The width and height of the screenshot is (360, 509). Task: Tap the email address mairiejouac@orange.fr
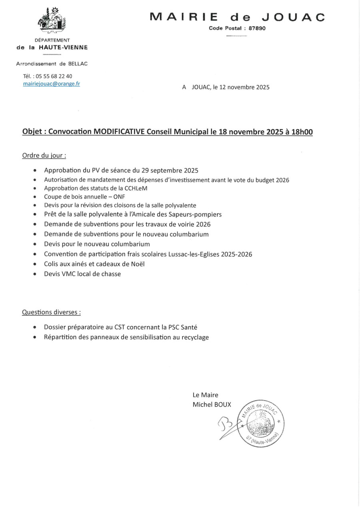click(52, 84)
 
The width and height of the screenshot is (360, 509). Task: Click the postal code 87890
click(257, 28)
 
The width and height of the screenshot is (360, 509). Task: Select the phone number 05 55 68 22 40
click(54, 76)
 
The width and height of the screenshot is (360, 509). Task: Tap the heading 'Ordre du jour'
click(44, 155)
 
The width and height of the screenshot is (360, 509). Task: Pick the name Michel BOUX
click(212, 405)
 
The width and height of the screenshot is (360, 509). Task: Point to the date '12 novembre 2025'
click(244, 87)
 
